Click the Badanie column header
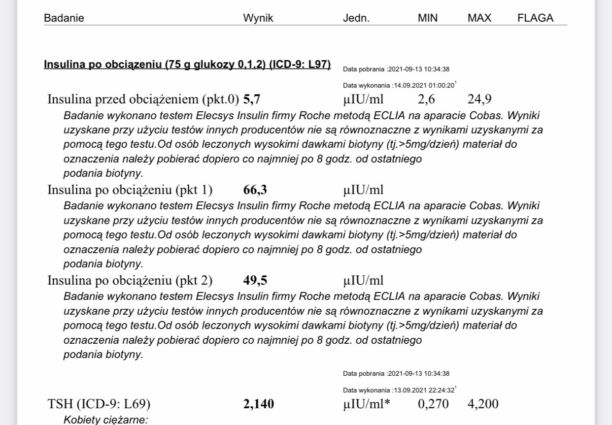[64, 18]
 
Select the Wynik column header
[258, 18]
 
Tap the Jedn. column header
[356, 18]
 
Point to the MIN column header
[428, 18]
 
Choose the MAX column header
[479, 18]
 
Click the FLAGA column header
[535, 18]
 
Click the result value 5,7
[252, 99]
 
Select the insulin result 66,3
[255, 190]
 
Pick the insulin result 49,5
[255, 281]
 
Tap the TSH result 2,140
[259, 404]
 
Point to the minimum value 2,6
[426, 99]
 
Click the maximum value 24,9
[479, 99]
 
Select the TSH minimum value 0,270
[433, 404]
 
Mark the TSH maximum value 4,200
[483, 404]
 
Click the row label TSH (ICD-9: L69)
[99, 404]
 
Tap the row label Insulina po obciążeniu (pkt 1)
[130, 190]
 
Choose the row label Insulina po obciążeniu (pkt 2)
[130, 281]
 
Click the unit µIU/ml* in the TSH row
[367, 404]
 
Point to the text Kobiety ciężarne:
[106, 420]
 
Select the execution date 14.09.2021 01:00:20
[423, 85]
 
